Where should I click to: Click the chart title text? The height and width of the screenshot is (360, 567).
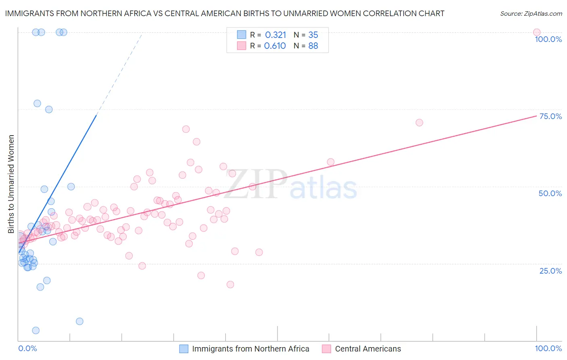coord(225,13)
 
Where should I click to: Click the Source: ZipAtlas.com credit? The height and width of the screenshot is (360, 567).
coord(531,14)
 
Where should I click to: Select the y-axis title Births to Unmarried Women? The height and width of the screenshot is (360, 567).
coord(11,184)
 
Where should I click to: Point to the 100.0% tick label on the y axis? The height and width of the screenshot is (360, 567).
coord(548,39)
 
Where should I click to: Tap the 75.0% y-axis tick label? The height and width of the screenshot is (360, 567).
coord(550,116)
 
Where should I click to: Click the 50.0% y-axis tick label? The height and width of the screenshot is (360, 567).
coord(550,193)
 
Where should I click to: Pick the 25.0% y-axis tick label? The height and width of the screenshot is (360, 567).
coord(550,271)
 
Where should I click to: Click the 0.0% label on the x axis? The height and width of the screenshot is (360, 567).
coord(27,349)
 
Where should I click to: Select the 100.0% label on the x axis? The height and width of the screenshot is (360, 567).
coord(548,349)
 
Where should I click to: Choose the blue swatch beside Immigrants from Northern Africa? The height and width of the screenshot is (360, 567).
coord(184,349)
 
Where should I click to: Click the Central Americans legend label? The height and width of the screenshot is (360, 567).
coord(368,349)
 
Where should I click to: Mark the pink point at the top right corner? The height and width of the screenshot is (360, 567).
coord(536,32)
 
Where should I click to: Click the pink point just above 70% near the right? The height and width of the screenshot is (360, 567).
coord(419,123)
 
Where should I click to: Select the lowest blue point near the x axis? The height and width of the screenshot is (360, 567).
coord(35,331)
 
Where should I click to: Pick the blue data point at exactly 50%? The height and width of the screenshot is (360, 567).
coord(71,186)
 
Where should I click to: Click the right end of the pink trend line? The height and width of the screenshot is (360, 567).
coord(536,116)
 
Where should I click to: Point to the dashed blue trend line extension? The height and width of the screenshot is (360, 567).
coord(119,73)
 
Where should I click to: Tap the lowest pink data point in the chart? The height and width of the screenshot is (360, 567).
coord(230,285)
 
